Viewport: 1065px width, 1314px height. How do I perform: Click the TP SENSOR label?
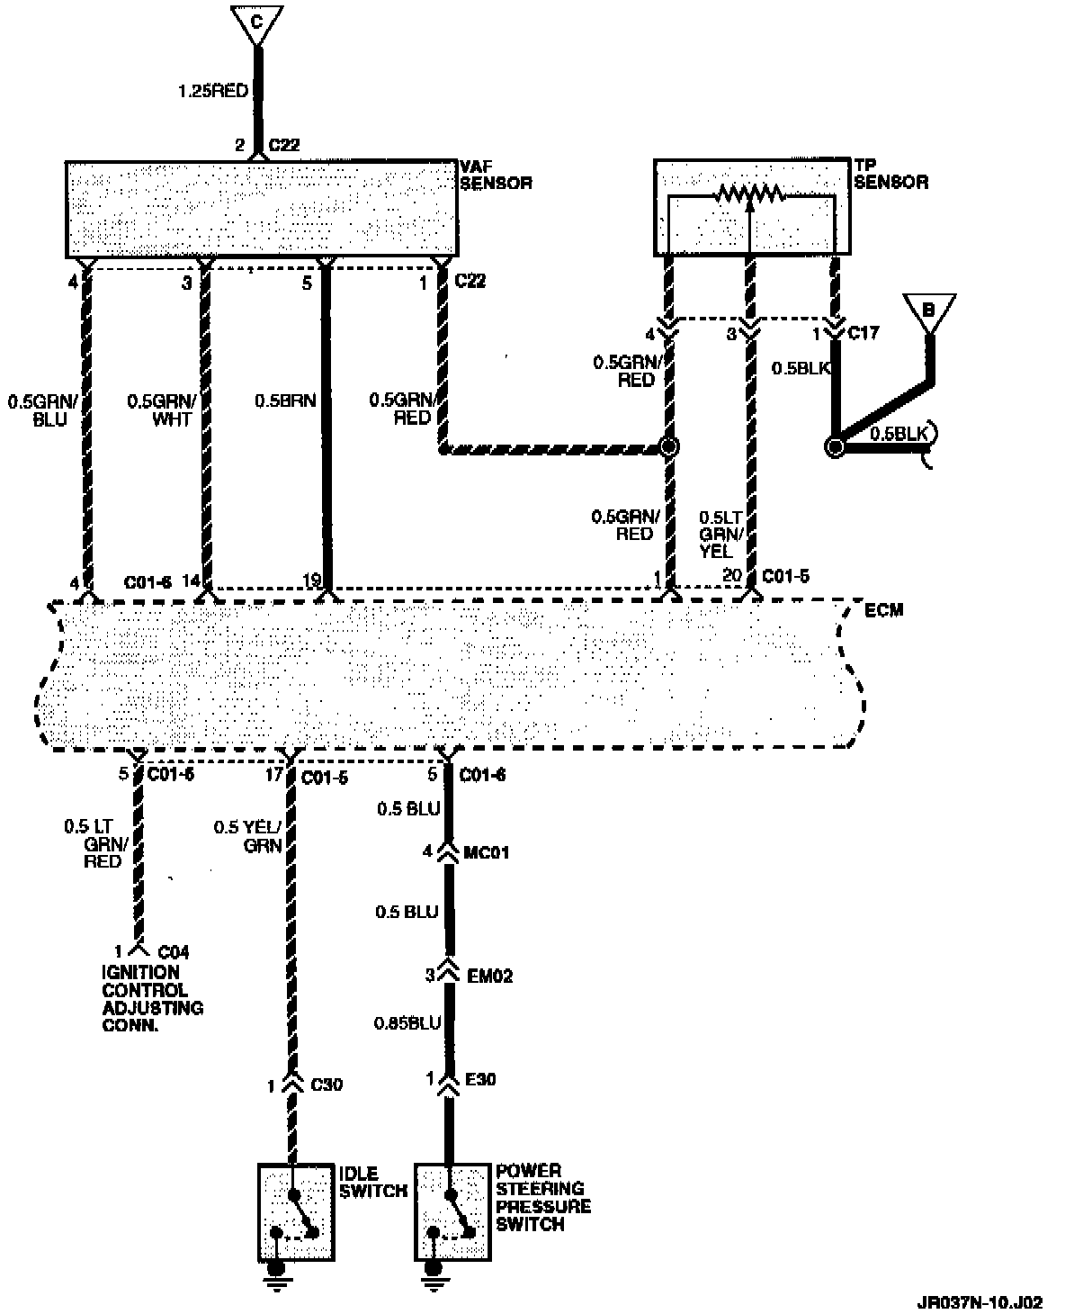coord(890,175)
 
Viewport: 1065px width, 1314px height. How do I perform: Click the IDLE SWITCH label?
coord(371,1183)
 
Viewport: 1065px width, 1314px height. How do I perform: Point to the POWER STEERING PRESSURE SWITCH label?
coord(543,1198)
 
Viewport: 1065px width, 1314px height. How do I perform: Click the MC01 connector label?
coord(487,851)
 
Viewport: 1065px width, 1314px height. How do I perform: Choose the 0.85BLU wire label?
coord(408,1023)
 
